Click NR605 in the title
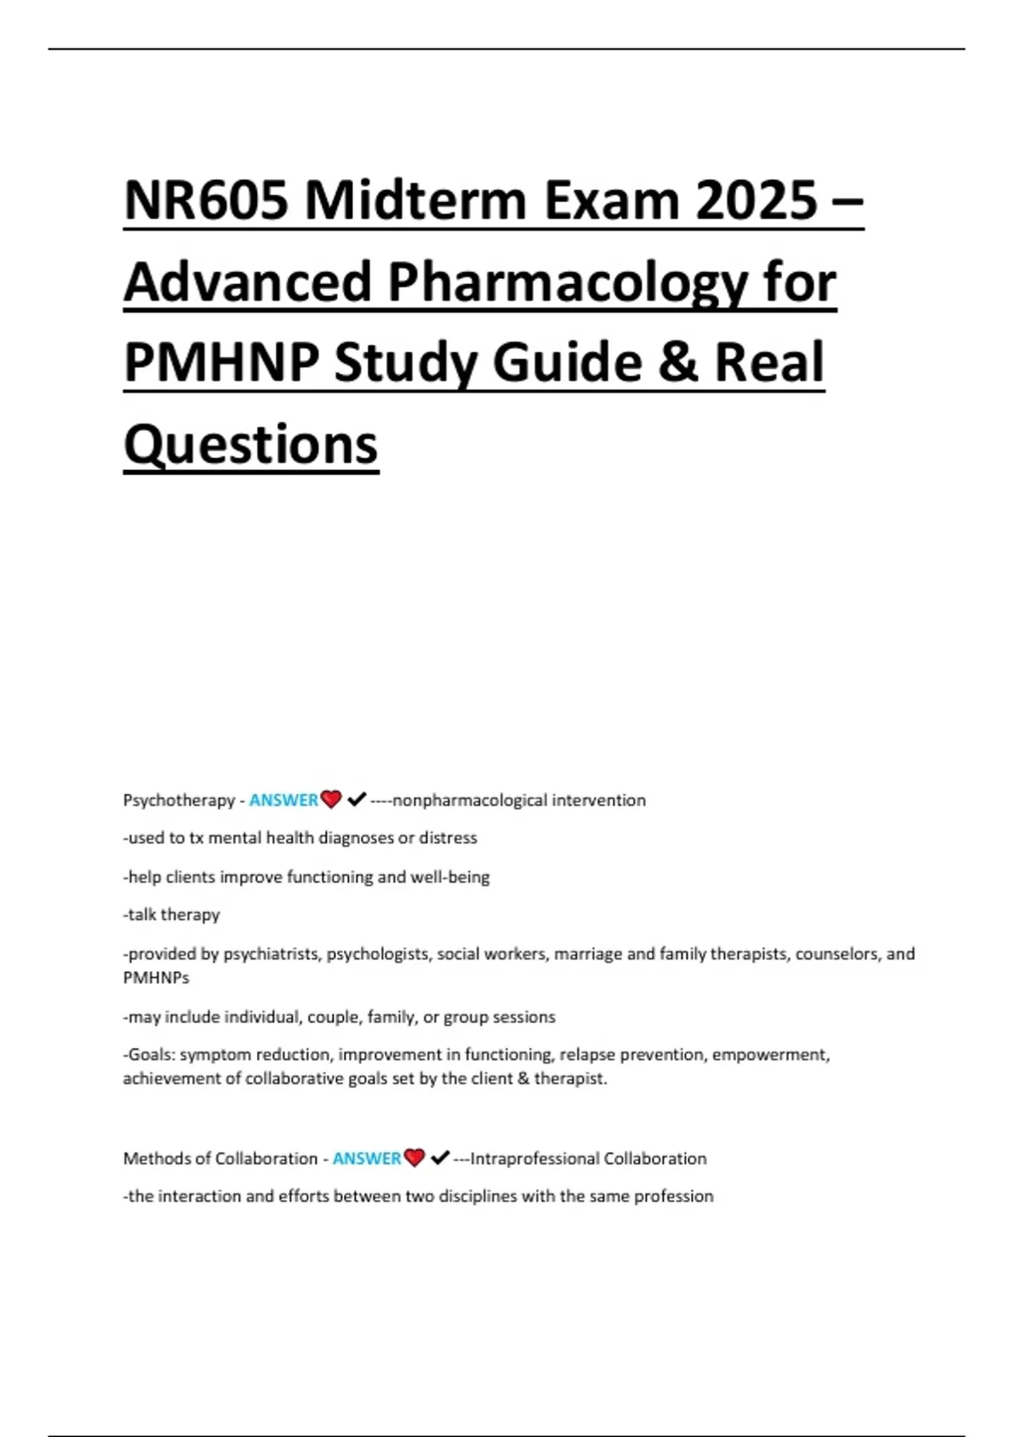[206, 201]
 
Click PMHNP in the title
[221, 363]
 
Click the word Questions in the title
[251, 445]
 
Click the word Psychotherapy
[179, 800]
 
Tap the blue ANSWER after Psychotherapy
[283, 800]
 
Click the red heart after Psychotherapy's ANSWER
[331, 799]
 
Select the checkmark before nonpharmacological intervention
[356, 799]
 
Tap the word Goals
[150, 1055]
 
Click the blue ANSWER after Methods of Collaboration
[367, 1159]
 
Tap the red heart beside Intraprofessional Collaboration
[414, 1157]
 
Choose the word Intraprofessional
[534, 1159]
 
